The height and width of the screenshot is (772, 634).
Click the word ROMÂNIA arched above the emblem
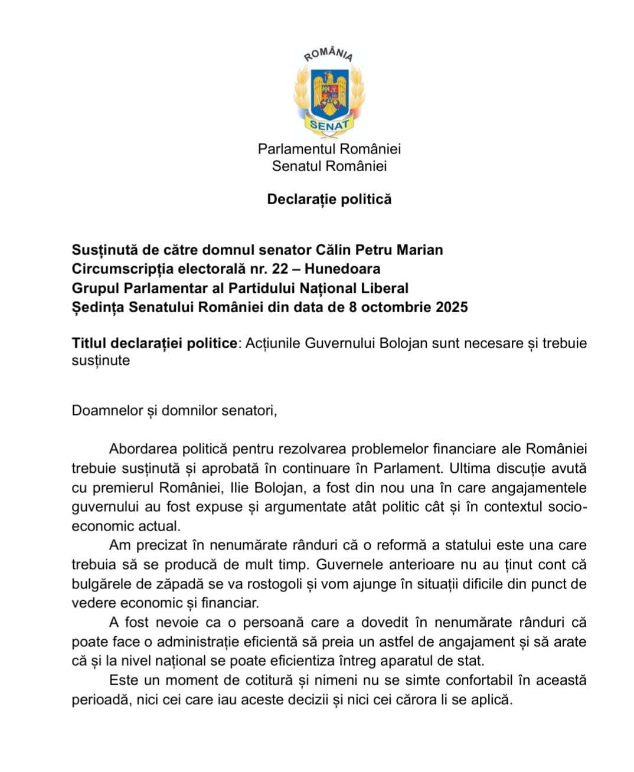pos(328,54)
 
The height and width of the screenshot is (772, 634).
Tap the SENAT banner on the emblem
pos(329,125)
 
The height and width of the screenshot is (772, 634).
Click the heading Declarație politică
pos(329,199)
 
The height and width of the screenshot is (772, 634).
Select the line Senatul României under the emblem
pos(329,166)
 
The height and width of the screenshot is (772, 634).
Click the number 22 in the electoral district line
pos(280,269)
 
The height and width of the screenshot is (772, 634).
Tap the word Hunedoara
pos(342,269)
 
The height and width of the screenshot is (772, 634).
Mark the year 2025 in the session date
pos(448,308)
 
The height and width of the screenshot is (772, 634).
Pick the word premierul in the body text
pos(123,488)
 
